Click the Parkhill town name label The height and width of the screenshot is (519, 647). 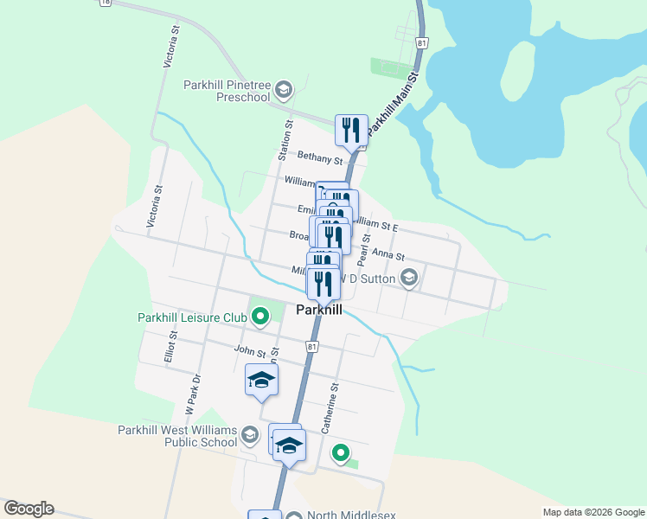[320, 309]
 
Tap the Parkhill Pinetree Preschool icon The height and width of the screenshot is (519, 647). [286, 89]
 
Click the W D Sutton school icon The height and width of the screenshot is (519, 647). [409, 279]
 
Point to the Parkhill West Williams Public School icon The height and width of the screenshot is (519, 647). [250, 434]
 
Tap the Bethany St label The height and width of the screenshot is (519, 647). [320, 157]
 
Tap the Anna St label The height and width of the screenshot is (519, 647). [388, 255]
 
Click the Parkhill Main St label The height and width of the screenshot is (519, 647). [392, 102]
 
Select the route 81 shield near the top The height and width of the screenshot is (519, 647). [421, 42]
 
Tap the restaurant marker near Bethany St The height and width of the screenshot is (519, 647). [351, 131]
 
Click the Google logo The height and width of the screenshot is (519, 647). [29, 509]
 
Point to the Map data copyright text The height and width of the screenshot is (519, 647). [593, 512]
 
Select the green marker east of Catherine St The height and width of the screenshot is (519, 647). [341, 452]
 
